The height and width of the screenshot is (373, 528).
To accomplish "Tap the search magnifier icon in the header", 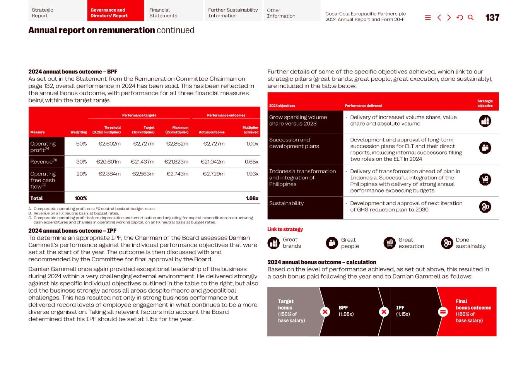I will [x=471, y=17].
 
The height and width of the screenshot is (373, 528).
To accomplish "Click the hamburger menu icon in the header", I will [x=428, y=17].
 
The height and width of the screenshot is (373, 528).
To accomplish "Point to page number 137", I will [x=492, y=17].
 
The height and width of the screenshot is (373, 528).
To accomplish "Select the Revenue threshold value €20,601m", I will [x=108, y=162].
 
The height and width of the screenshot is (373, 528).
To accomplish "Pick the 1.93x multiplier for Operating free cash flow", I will [x=252, y=174].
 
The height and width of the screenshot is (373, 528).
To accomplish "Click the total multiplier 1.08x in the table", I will [x=252, y=198].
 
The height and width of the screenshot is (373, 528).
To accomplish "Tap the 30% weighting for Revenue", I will [x=81, y=162].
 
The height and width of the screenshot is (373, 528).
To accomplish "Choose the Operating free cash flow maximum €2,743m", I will [x=177, y=174].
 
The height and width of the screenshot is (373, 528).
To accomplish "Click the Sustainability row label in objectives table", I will [x=286, y=203].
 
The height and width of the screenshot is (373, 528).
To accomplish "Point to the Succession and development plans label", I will [x=294, y=143].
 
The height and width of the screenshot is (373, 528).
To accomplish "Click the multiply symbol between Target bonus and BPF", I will [x=325, y=312].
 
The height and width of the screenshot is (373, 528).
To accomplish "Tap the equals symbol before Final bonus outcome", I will [x=443, y=312].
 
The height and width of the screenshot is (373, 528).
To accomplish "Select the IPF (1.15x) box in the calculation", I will [x=403, y=311].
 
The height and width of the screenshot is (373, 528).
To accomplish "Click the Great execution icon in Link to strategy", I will [x=390, y=243].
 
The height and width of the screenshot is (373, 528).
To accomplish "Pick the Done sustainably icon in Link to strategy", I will [x=447, y=243].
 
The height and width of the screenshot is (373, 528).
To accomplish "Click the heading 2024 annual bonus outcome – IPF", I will [x=72, y=231].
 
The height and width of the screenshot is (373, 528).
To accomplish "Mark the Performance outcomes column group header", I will [x=226, y=115].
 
